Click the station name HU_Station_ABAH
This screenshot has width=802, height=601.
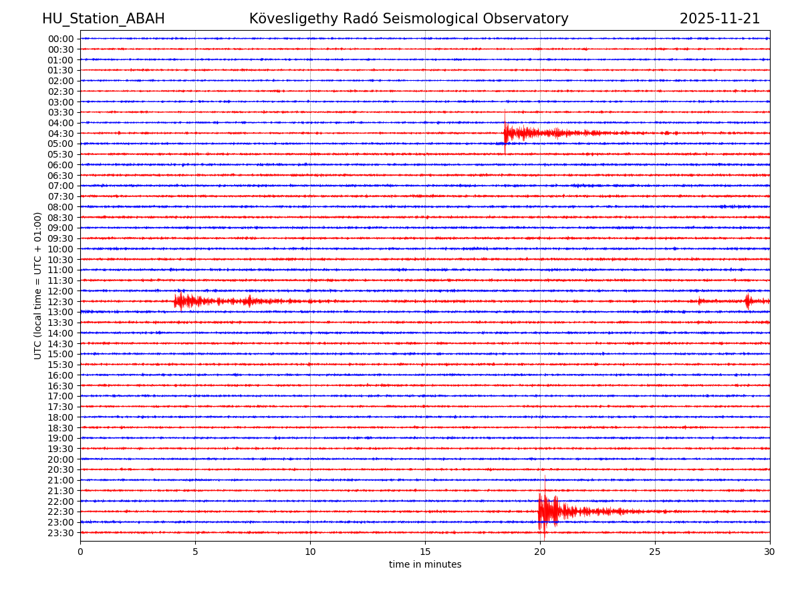pyautogui.click(x=103, y=19)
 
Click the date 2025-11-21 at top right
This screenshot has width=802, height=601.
pyautogui.click(x=719, y=19)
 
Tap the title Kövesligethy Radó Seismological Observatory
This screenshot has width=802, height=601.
pyautogui.click(x=408, y=19)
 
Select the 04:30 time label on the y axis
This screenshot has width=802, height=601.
pyautogui.click(x=61, y=134)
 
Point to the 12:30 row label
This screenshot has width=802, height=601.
pyautogui.click(x=61, y=302)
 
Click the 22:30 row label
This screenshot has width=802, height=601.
pyautogui.click(x=61, y=512)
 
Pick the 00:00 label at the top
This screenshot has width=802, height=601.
pyautogui.click(x=61, y=39)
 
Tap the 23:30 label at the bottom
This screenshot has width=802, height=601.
pyautogui.click(x=61, y=533)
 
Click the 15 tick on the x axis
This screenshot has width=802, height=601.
pyautogui.click(x=425, y=552)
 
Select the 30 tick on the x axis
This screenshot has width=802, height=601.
pyautogui.click(x=770, y=552)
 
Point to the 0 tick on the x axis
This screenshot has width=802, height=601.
pyautogui.click(x=80, y=552)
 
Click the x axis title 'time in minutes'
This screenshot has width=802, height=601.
pyautogui.click(x=425, y=565)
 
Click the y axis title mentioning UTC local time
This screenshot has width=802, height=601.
pyautogui.click(x=38, y=286)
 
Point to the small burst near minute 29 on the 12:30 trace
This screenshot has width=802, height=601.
pyautogui.click(x=748, y=301)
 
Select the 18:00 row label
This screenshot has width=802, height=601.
pyautogui.click(x=61, y=417)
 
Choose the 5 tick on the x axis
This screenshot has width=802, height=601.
pyautogui.click(x=195, y=552)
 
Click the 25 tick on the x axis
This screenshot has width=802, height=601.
pyautogui.click(x=655, y=552)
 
